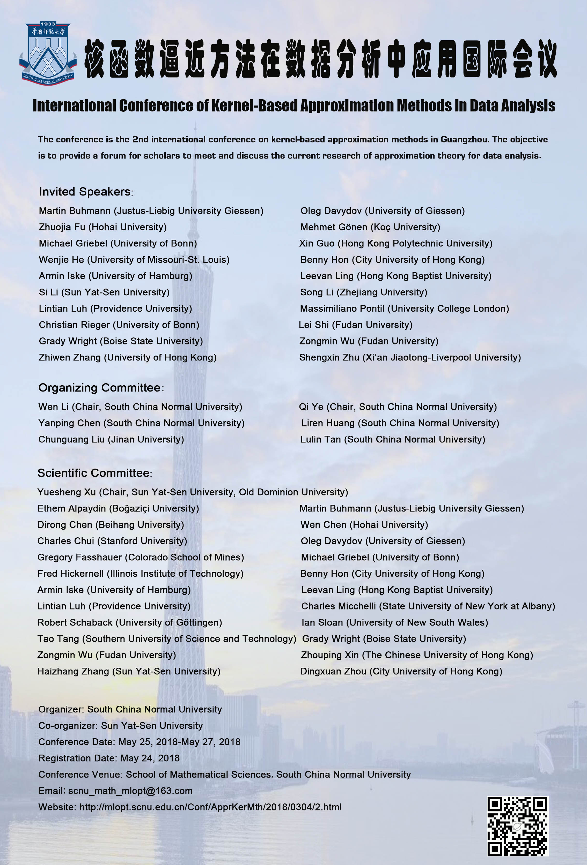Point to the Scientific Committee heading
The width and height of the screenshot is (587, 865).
pyautogui.click(x=94, y=473)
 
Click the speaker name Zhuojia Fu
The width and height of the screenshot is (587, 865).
pyautogui.click(x=102, y=227)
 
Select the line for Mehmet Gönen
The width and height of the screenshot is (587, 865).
pyautogui.click(x=370, y=227)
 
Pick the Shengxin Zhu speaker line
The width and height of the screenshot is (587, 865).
pyautogui.click(x=410, y=357)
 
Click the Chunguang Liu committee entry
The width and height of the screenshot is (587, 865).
pyautogui.click(x=111, y=439)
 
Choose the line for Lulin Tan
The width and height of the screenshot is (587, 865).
pyautogui.click(x=393, y=439)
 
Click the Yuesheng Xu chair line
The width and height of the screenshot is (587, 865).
pyautogui.click(x=193, y=492)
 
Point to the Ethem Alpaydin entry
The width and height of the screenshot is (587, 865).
pyautogui.click(x=118, y=508)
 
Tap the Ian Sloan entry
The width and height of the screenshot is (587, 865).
pyautogui.click(x=395, y=622)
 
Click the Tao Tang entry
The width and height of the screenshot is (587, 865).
pyautogui.click(x=166, y=639)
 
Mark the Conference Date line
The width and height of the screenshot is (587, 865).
pyautogui.click(x=139, y=742)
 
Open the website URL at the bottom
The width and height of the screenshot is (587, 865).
pyautogui.click(x=210, y=807)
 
